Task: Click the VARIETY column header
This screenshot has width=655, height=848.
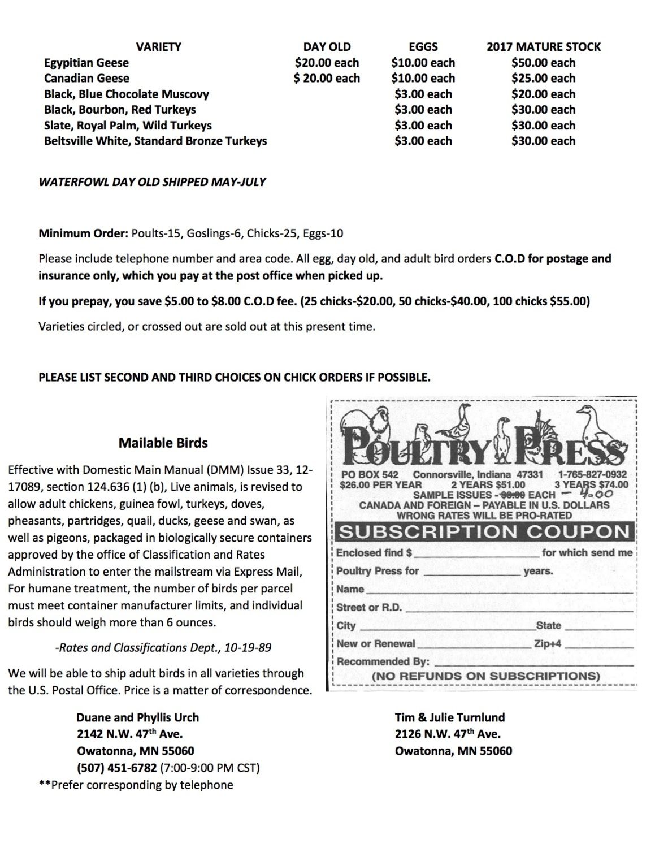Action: (x=158, y=47)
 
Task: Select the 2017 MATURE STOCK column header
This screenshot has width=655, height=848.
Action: (x=543, y=47)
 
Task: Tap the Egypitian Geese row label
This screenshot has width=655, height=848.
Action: (x=86, y=63)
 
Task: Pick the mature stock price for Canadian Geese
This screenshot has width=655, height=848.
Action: (x=543, y=79)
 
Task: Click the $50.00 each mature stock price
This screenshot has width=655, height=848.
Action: (x=543, y=63)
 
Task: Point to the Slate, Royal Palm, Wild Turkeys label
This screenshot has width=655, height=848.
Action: (x=128, y=126)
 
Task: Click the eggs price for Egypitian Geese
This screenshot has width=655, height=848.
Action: (x=423, y=63)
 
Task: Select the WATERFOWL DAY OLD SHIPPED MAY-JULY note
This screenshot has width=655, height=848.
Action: (x=152, y=182)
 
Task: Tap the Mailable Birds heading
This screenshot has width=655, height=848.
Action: (x=163, y=443)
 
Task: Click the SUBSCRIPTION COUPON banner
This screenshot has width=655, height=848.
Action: (x=484, y=532)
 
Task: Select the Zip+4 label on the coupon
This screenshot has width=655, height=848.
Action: (x=548, y=643)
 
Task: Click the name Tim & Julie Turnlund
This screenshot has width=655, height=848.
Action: (x=450, y=717)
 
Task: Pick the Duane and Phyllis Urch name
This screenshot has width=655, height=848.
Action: (x=137, y=717)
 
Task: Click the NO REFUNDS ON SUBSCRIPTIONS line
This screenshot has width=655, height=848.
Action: (x=485, y=676)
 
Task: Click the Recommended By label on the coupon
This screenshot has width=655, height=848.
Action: (x=383, y=661)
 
